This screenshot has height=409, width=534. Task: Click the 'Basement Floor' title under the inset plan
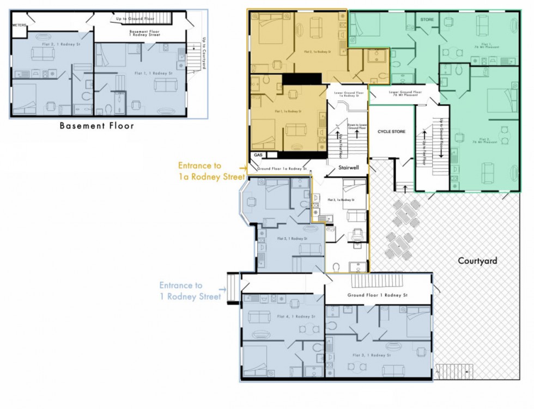tap(96, 126)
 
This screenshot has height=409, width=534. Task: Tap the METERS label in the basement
tap(19, 25)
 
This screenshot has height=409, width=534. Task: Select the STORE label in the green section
tap(427, 20)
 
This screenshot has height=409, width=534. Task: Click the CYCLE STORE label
tap(391, 132)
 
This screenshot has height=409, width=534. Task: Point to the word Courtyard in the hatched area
tap(477, 261)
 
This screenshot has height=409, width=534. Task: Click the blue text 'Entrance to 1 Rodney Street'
tap(190, 291)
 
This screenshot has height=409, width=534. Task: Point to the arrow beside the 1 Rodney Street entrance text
tap(222, 290)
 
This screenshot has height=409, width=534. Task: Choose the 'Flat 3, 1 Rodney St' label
tap(372, 355)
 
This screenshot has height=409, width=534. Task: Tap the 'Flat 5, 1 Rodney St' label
tap(292, 239)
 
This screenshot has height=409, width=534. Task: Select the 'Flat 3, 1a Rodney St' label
tap(341, 200)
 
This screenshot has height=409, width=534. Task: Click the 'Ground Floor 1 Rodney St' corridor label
tap(378, 295)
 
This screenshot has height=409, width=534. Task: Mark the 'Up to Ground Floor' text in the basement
tap(135, 19)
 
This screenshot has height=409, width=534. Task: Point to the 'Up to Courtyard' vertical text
tap(204, 52)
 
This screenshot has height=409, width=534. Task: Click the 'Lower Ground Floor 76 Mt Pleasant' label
tap(405, 94)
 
